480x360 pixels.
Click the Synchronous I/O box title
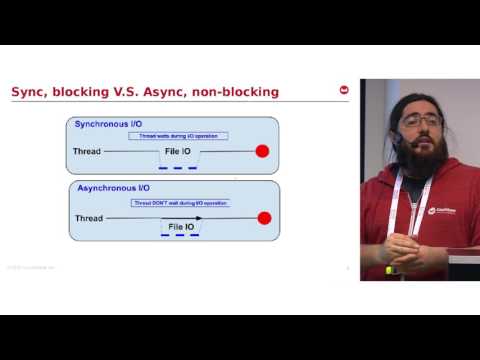pyautogui.click(x=114, y=124)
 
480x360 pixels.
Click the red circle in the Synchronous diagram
pyautogui.click(x=263, y=152)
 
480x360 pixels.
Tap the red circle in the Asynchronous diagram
pyautogui.click(x=264, y=217)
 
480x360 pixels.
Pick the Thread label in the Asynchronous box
pyautogui.click(x=90, y=217)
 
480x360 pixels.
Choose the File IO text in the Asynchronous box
pyautogui.click(x=182, y=227)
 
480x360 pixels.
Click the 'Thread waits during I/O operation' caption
pyautogui.click(x=179, y=136)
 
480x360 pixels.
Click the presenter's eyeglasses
pyautogui.click(x=422, y=121)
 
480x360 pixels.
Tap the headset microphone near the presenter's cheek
pyautogui.click(x=397, y=141)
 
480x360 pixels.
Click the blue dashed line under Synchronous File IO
pyautogui.click(x=177, y=168)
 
